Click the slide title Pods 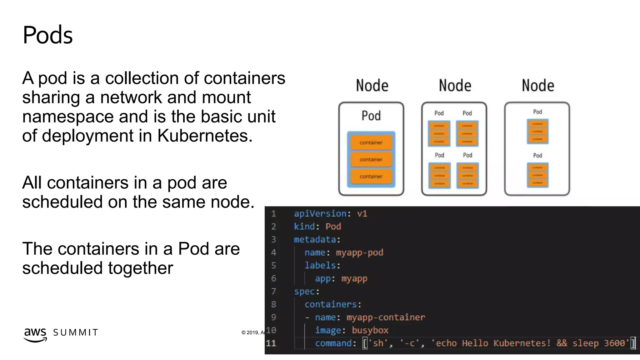tap(47, 35)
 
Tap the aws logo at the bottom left tap(35, 334)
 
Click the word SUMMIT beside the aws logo tap(76, 332)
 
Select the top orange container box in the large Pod tap(371, 142)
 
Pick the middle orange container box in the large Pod tap(371, 159)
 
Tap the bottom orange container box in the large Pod tap(371, 176)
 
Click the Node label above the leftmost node tap(372, 86)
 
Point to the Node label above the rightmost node tap(538, 86)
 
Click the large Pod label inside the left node tap(371, 116)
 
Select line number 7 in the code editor tap(273, 291)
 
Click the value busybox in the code tap(370, 330)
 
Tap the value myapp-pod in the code tap(359, 252)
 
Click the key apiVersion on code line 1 tap(320, 214)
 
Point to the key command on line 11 tap(333, 343)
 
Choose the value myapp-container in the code tap(386, 317)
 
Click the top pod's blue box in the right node tap(537, 131)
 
